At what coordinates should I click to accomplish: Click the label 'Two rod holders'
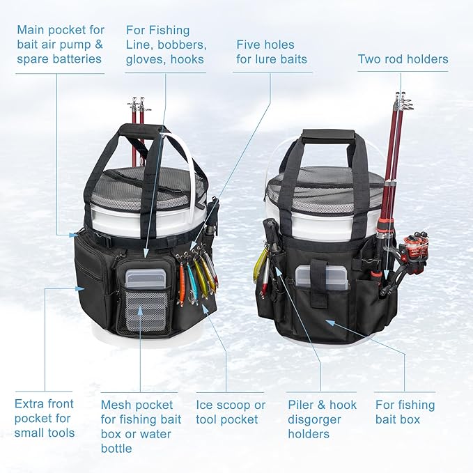(x=403, y=59)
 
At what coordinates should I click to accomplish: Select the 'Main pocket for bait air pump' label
(x=60, y=45)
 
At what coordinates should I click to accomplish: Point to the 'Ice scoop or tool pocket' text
(x=231, y=412)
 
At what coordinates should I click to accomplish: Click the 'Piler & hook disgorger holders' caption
(x=322, y=419)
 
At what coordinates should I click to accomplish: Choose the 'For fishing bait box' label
(x=405, y=412)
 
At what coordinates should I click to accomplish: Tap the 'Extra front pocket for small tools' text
(x=44, y=418)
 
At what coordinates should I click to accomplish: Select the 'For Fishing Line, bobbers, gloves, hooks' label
(x=164, y=45)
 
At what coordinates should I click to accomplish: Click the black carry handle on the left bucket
(x=143, y=130)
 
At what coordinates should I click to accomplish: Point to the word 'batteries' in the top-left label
(x=75, y=59)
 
